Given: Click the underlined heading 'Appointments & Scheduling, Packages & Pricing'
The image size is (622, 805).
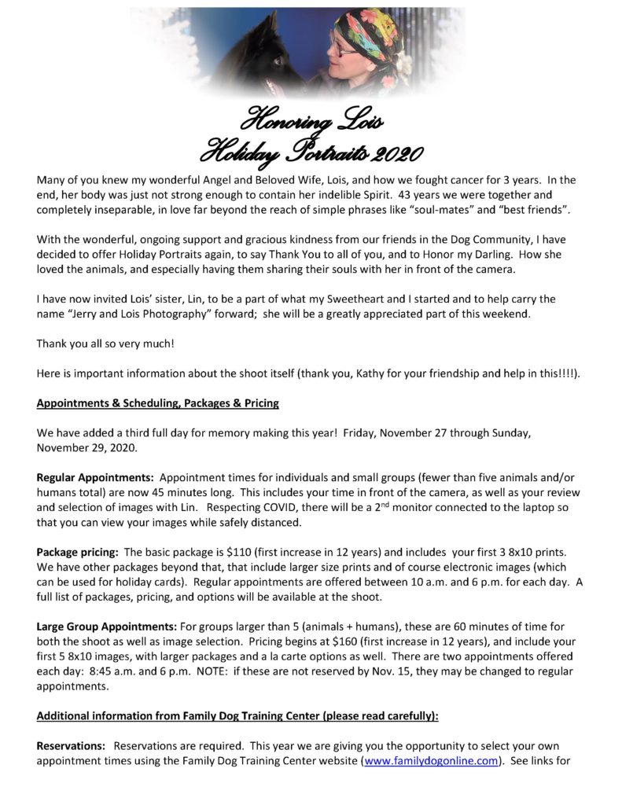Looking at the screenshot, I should point(158,403).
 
